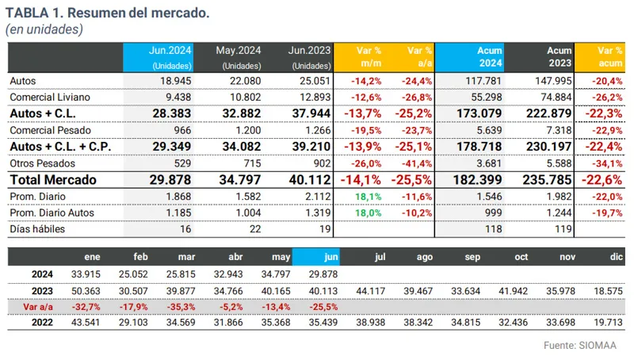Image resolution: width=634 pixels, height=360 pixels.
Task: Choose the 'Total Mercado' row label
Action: point(52,179)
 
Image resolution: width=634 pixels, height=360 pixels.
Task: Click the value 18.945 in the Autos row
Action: point(178,81)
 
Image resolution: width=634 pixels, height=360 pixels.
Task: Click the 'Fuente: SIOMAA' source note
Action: point(581,346)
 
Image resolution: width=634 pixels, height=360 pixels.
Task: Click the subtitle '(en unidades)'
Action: point(44,29)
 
